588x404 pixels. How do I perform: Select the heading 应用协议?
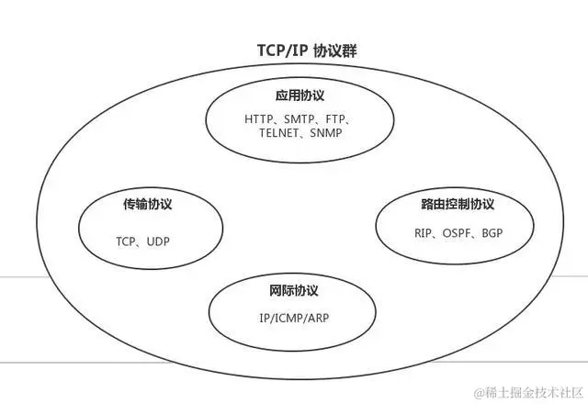pos(300,95)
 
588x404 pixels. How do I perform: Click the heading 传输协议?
pos(148,204)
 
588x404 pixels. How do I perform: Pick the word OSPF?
pos(457,232)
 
